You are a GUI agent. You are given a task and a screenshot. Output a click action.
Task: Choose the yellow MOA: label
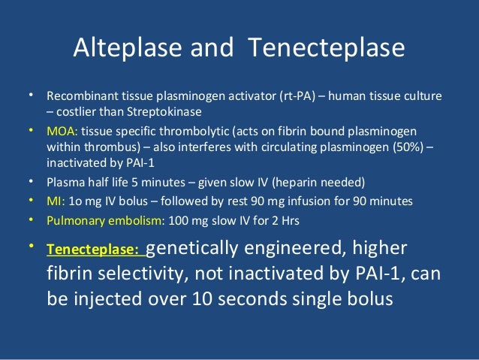60,132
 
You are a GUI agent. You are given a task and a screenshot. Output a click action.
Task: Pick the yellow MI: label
54,201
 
